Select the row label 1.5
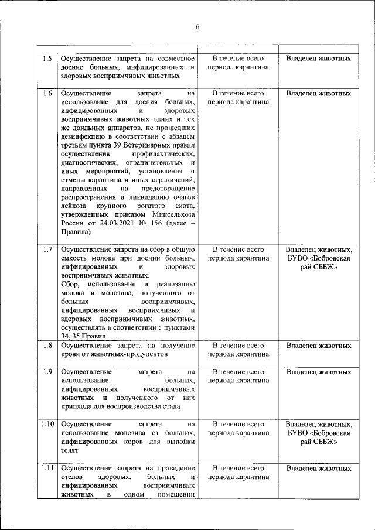pyautogui.click(x=48, y=59)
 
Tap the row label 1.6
pyautogui.click(x=48, y=93)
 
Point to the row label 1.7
pyautogui.click(x=48, y=249)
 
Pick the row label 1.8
pyautogui.click(x=48, y=346)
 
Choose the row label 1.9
pyautogui.click(x=48, y=372)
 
